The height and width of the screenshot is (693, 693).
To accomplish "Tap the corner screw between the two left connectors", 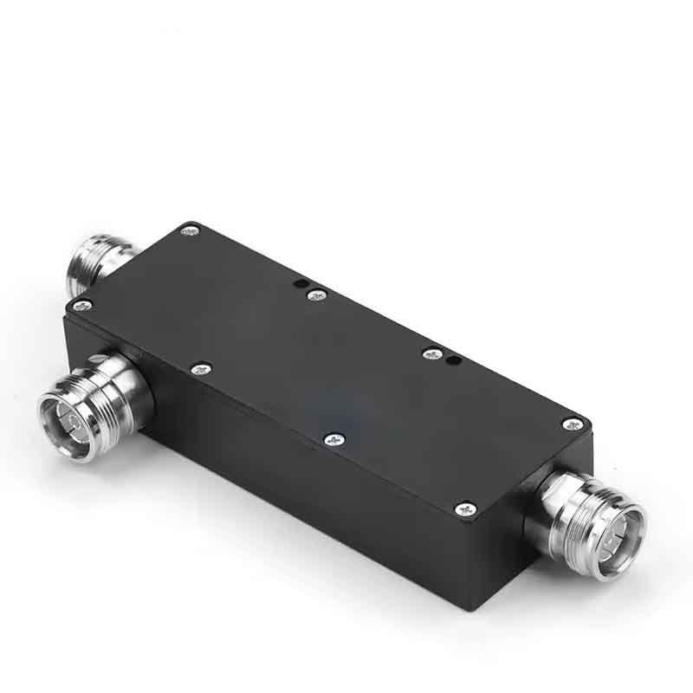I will pyautogui.click(x=84, y=304).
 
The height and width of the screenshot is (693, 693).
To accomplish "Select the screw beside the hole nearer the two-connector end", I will pyautogui.click(x=317, y=295).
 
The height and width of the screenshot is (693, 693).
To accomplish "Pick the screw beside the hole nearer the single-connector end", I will pyautogui.click(x=429, y=353).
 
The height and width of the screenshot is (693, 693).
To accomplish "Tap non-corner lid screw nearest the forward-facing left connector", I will pyautogui.click(x=201, y=368).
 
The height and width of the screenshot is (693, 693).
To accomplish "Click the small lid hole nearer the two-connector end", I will pyautogui.click(x=299, y=282).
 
